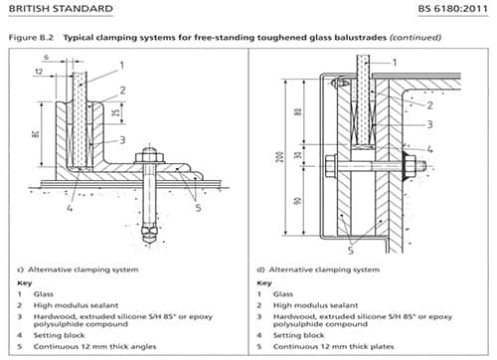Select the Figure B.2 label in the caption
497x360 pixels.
[x=30, y=37]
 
